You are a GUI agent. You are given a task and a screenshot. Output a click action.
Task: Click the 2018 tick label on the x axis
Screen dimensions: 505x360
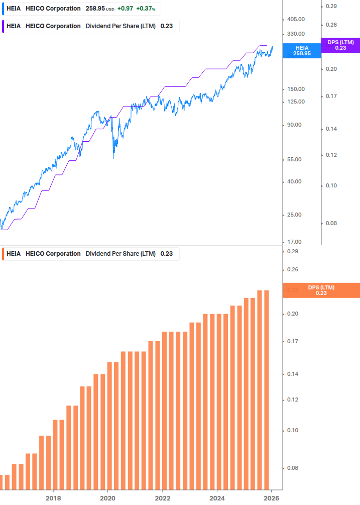coord(53,498)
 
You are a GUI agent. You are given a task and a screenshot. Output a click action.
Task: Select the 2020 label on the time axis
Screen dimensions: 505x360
coord(107,498)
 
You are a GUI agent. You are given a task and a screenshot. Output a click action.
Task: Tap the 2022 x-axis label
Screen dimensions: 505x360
coord(162,498)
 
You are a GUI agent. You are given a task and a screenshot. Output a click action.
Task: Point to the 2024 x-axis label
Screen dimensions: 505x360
coord(217,498)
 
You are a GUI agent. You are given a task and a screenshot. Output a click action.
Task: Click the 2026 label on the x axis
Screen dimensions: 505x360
coord(271,498)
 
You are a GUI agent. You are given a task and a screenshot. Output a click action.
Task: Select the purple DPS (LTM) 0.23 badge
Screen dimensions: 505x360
coord(340,45)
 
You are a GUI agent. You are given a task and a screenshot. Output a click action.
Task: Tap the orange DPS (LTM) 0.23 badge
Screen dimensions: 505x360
coord(321,290)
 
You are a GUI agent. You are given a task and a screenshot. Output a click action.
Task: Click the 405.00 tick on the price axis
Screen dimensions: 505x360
coord(295,19)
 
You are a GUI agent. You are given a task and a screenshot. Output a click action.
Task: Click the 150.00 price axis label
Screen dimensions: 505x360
coord(295,89)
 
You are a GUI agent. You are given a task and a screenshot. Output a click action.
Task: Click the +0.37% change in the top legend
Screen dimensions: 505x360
coord(146,9)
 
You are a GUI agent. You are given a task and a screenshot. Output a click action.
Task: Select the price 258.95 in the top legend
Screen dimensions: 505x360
coord(95,9)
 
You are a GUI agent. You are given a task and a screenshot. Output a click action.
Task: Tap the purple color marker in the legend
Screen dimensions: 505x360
coord(3,26)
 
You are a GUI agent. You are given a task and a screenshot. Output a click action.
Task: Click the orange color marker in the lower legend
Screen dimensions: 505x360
coord(3,254)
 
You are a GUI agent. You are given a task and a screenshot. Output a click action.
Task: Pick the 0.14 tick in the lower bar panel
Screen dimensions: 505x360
coord(292,374)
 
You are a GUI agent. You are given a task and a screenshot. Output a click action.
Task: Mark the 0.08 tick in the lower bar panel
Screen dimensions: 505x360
coord(292,468)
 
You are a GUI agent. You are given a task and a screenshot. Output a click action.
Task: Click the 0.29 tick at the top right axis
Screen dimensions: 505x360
coord(331,6)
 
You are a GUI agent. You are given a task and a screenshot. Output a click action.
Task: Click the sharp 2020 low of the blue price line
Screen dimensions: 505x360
coord(113,159)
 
